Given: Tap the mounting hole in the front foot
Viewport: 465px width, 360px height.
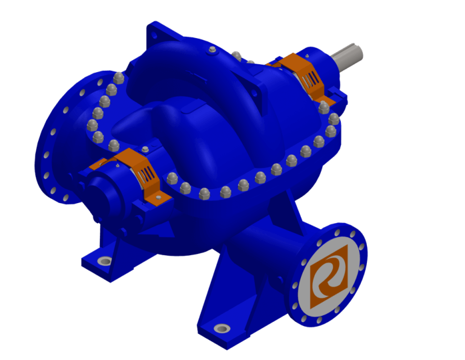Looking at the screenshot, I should point(222,328).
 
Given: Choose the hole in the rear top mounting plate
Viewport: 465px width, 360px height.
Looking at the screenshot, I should point(153,36).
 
